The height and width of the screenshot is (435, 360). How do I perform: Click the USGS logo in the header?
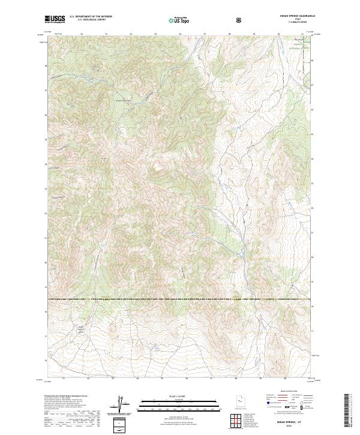coord(55,20)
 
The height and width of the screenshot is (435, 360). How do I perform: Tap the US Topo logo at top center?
coord(177,20)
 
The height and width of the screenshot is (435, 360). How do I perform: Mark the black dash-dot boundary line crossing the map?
coord(180,299)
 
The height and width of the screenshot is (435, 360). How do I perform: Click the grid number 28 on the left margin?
coord(46,64)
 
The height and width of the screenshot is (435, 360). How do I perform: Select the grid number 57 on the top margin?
coord(205,35)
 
